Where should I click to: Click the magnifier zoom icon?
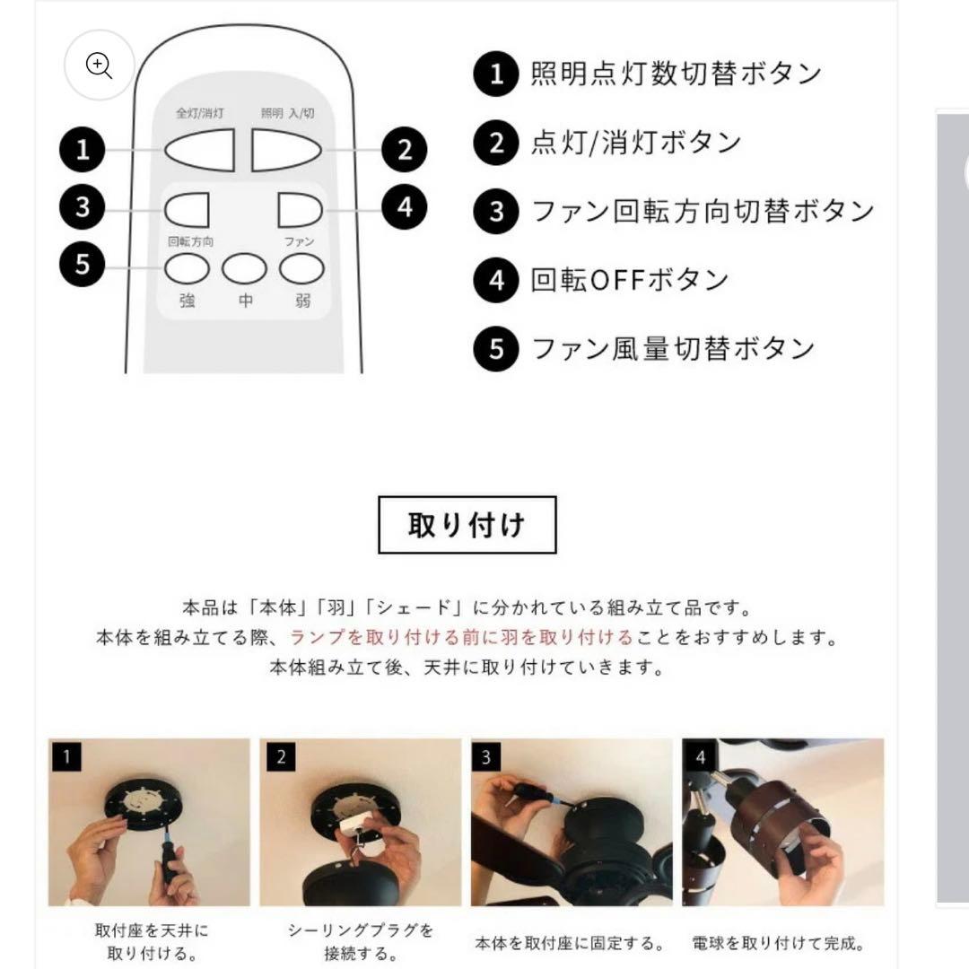tap(99, 65)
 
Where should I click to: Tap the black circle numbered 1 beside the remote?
tap(83, 149)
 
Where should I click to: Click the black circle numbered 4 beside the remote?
tap(404, 207)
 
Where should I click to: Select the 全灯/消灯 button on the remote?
tap(199, 149)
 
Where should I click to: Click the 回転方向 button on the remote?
tap(187, 210)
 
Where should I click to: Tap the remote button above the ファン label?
tap(300, 210)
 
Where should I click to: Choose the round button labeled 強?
tap(187, 267)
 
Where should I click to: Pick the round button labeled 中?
tap(244, 267)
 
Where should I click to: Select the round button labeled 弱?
tap(301, 267)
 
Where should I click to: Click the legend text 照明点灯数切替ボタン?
tap(676, 74)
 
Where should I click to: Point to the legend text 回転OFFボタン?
tap(629, 280)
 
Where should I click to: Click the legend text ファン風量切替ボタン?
tap(673, 348)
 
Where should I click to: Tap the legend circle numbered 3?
tap(497, 213)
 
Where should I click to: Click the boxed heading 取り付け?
tap(467, 525)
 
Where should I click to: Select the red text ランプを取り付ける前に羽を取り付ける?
tap(461, 638)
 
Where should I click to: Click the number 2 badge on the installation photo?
tap(280, 758)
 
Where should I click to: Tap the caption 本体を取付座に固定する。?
tap(570, 944)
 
